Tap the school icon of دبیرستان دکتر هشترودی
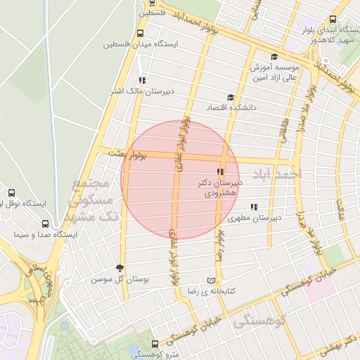pyautogui.click(x=220, y=171)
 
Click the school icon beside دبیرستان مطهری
pyautogui.click(x=254, y=207)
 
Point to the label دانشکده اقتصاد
pyautogui.click(x=229, y=108)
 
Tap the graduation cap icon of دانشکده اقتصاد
pyautogui.click(x=230, y=98)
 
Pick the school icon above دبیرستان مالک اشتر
pyautogui.click(x=143, y=80)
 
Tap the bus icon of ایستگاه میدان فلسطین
pyautogui.click(x=141, y=33)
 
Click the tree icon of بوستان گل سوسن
pyautogui.click(x=119, y=268)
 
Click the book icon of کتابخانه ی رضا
pyautogui.click(x=212, y=279)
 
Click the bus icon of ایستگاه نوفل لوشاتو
pyautogui.click(x=11, y=193)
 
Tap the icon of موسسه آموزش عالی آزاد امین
pyautogui.click(x=274, y=57)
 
